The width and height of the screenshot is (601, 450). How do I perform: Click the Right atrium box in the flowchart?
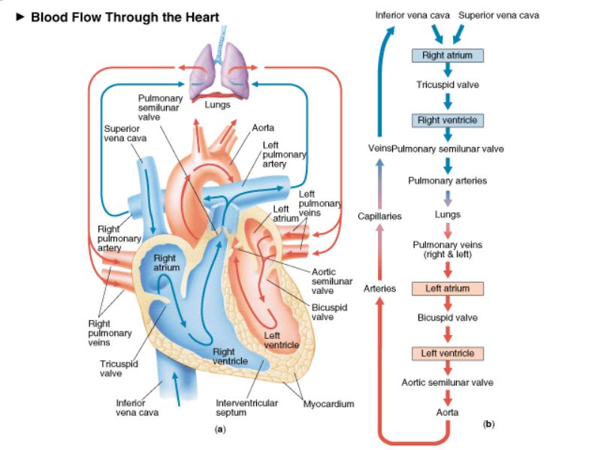[447, 55]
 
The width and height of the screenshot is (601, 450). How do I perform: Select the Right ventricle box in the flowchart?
[447, 120]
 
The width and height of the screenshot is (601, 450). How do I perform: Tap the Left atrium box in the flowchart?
[447, 289]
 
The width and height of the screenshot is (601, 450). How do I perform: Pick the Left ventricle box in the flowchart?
[447, 353]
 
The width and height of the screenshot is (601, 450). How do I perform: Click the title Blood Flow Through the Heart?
[125, 17]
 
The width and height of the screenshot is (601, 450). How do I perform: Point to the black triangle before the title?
[20, 16]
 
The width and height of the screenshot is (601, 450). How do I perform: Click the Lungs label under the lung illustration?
[217, 104]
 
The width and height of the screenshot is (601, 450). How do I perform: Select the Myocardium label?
[328, 404]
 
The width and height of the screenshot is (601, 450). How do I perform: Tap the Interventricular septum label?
[247, 407]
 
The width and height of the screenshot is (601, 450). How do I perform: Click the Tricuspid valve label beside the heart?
[119, 368]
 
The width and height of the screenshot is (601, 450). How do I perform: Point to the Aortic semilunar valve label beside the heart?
[332, 281]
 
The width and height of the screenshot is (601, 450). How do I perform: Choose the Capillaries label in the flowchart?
[379, 217]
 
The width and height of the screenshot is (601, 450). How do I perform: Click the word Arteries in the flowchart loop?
[379, 289]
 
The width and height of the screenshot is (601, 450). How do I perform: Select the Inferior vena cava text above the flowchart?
[412, 15]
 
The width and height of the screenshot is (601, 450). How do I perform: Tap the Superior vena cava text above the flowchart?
[499, 15]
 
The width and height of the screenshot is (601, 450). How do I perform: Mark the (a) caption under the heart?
[220, 429]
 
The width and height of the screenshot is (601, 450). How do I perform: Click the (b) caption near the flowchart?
[489, 424]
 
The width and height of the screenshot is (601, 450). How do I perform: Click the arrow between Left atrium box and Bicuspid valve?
[447, 303]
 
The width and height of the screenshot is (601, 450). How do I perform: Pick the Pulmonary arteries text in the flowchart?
[447, 181]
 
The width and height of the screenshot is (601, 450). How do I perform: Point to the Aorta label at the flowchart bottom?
[447, 412]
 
